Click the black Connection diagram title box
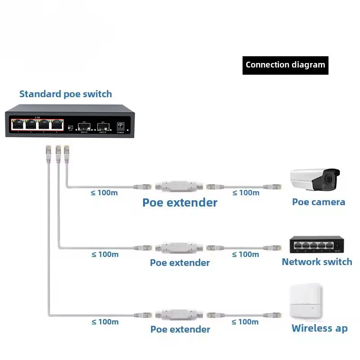pos(285,65)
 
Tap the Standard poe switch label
pos(66,94)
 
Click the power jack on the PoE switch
pos(120,126)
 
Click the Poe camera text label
pos(319,202)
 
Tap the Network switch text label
pos(317,262)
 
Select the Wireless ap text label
pos(319,328)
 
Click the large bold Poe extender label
pos(180,202)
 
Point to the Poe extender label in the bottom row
pos(180,329)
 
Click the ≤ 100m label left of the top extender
pos(104,193)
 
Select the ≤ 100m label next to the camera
pos(246,193)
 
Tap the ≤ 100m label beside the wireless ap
pos(245,322)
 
